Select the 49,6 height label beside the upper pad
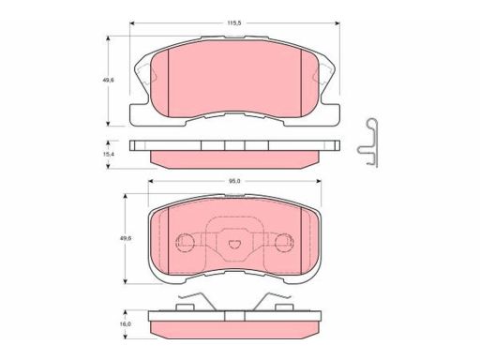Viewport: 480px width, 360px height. coord(109,80)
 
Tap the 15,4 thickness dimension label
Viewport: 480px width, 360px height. coord(108,154)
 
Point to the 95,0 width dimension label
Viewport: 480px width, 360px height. coord(234,181)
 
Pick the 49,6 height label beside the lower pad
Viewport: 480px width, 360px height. coord(126,238)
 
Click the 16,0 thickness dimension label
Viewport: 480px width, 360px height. coord(126,324)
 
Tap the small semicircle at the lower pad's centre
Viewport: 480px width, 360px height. coord(232,244)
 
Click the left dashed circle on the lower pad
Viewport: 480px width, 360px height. coord(185,242)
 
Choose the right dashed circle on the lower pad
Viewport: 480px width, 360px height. coord(284,242)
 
